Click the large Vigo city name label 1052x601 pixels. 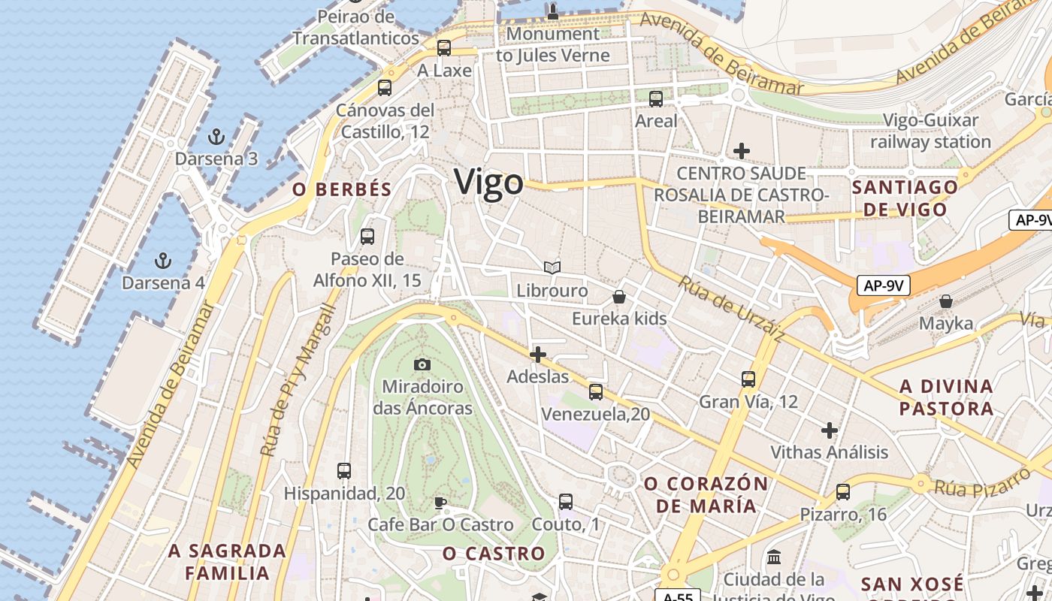point(488,183)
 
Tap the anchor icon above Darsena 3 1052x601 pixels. point(216,137)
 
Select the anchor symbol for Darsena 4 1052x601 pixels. point(162,261)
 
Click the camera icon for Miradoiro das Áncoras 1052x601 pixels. point(422,364)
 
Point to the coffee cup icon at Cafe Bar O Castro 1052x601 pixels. point(440,503)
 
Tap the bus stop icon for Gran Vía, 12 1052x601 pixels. point(748,379)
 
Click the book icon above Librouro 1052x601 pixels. point(552,267)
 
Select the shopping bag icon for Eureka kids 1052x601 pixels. point(619,297)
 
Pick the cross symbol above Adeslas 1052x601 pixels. point(538,355)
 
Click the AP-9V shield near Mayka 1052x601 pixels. point(884,285)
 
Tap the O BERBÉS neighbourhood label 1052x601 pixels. point(342,189)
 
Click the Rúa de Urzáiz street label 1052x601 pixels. point(731,309)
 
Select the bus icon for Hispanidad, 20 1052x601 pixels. point(344,471)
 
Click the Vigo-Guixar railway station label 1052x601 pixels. point(930,131)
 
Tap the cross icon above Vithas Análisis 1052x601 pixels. point(830,430)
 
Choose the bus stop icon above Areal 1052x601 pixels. point(656,98)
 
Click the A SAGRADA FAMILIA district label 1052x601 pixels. point(227,562)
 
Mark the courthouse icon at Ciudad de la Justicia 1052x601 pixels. point(774,557)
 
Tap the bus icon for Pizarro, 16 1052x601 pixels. point(843,492)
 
